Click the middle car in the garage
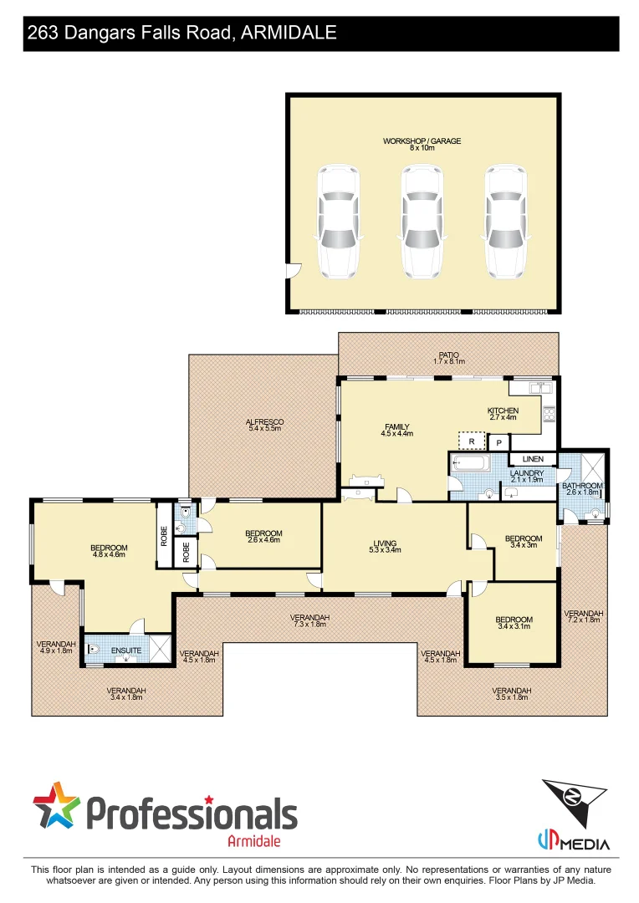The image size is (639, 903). [x=422, y=222]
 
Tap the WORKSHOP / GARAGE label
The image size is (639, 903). [x=422, y=145]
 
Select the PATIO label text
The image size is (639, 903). [x=448, y=358]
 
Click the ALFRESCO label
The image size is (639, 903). [x=265, y=425]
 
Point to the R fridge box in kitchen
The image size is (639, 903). [x=472, y=440]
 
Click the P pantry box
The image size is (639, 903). [x=499, y=442]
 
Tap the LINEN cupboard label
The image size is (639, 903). [x=533, y=459]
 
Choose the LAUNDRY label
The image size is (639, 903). [x=527, y=477]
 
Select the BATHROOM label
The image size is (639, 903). [x=581, y=488]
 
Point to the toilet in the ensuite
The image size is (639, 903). [x=94, y=649]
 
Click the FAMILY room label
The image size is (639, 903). [x=397, y=430]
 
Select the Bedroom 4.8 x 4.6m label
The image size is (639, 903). [x=109, y=551]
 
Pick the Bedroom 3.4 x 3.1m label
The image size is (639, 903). [x=514, y=623]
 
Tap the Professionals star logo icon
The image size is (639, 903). [x=57, y=806]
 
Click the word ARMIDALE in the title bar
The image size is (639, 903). [x=289, y=33]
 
